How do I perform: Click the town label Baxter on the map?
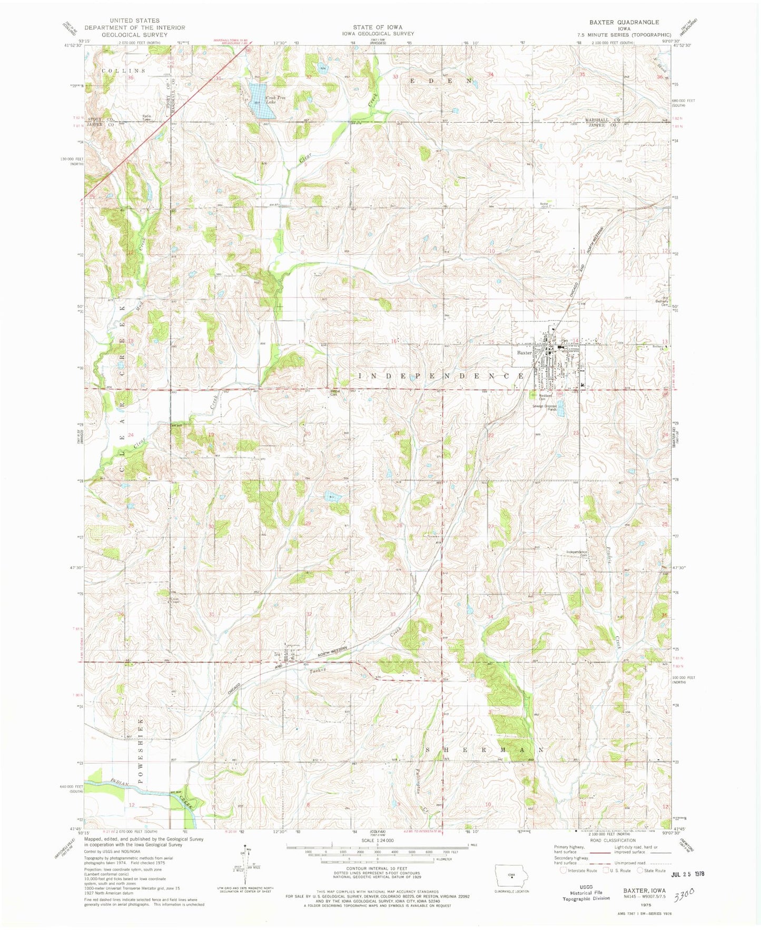point(525,353)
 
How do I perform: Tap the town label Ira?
point(276,655)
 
